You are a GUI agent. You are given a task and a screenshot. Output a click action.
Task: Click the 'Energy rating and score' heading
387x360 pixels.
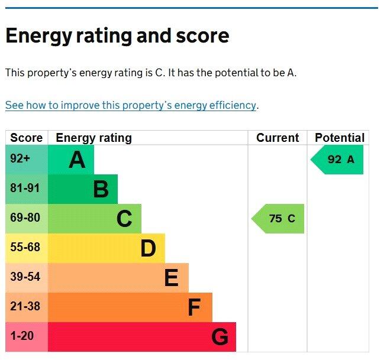pyautogui.click(x=117, y=36)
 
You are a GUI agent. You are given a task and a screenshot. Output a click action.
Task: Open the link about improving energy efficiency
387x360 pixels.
pyautogui.click(x=131, y=105)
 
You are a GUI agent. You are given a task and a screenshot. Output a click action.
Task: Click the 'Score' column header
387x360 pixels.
pyautogui.click(x=27, y=138)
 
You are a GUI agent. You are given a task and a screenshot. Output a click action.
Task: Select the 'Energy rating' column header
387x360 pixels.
pyautogui.click(x=93, y=138)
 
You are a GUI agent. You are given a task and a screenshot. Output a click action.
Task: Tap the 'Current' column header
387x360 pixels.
pyautogui.click(x=278, y=138)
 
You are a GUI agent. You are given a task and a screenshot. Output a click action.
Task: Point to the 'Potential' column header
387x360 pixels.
pyautogui.click(x=340, y=138)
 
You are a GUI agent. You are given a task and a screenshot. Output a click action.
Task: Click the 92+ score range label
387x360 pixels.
pyautogui.click(x=20, y=159)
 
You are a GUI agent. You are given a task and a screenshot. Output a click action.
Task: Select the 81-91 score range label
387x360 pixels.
pyautogui.click(x=25, y=189)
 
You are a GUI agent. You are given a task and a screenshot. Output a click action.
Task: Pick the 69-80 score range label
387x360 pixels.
pyautogui.click(x=25, y=218)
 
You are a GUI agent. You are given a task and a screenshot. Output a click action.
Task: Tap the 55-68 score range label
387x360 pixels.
pyautogui.click(x=25, y=247)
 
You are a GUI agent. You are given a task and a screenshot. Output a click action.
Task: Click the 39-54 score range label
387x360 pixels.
pyautogui.click(x=25, y=277)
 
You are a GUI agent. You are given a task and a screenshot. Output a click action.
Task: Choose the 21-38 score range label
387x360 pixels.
pyautogui.click(x=25, y=306)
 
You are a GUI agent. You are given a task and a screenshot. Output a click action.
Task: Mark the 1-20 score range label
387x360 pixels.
pyautogui.click(x=22, y=336)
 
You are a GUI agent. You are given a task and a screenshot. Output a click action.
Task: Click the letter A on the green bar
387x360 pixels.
pyautogui.click(x=77, y=160)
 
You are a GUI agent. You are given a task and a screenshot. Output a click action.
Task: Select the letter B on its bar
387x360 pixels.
pyautogui.click(x=101, y=189)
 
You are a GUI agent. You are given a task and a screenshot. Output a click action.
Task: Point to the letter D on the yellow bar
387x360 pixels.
pyautogui.click(x=148, y=248)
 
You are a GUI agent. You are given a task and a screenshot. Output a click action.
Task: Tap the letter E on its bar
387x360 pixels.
pyautogui.click(x=171, y=278)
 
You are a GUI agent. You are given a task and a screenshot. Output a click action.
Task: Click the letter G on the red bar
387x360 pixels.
pyautogui.click(x=220, y=337)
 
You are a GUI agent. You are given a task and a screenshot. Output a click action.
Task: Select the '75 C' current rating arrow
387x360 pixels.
pyautogui.click(x=279, y=219)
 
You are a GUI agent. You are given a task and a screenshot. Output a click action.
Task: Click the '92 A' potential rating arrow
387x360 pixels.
pyautogui.click(x=338, y=160)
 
